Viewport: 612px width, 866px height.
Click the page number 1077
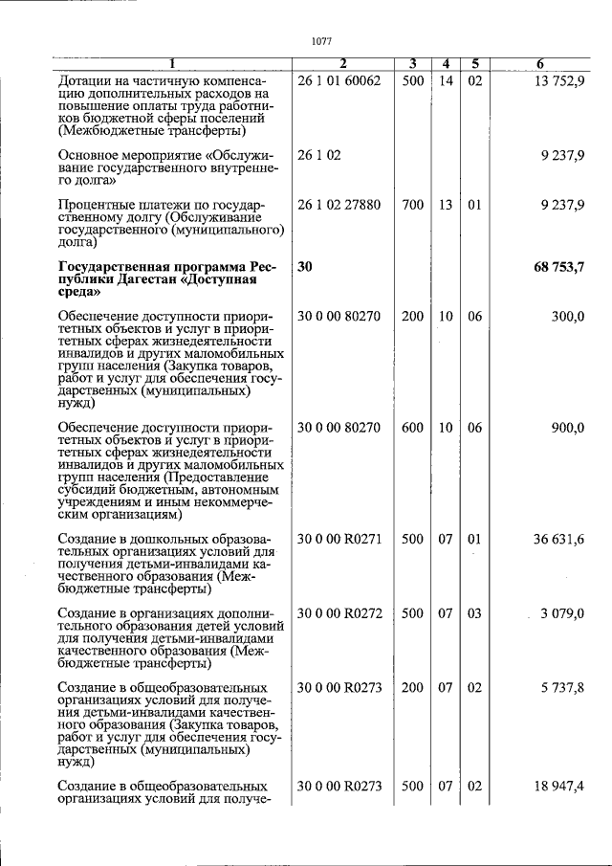coord(321,41)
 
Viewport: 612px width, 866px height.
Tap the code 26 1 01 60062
coord(339,81)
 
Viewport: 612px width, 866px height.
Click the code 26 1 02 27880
coord(339,205)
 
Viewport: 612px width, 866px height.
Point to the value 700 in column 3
coord(412,205)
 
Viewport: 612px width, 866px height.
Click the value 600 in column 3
coord(412,428)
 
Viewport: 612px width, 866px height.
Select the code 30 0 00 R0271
coord(339,540)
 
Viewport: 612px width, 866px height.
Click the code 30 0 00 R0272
coord(339,613)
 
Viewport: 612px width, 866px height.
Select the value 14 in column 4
coord(445,81)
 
